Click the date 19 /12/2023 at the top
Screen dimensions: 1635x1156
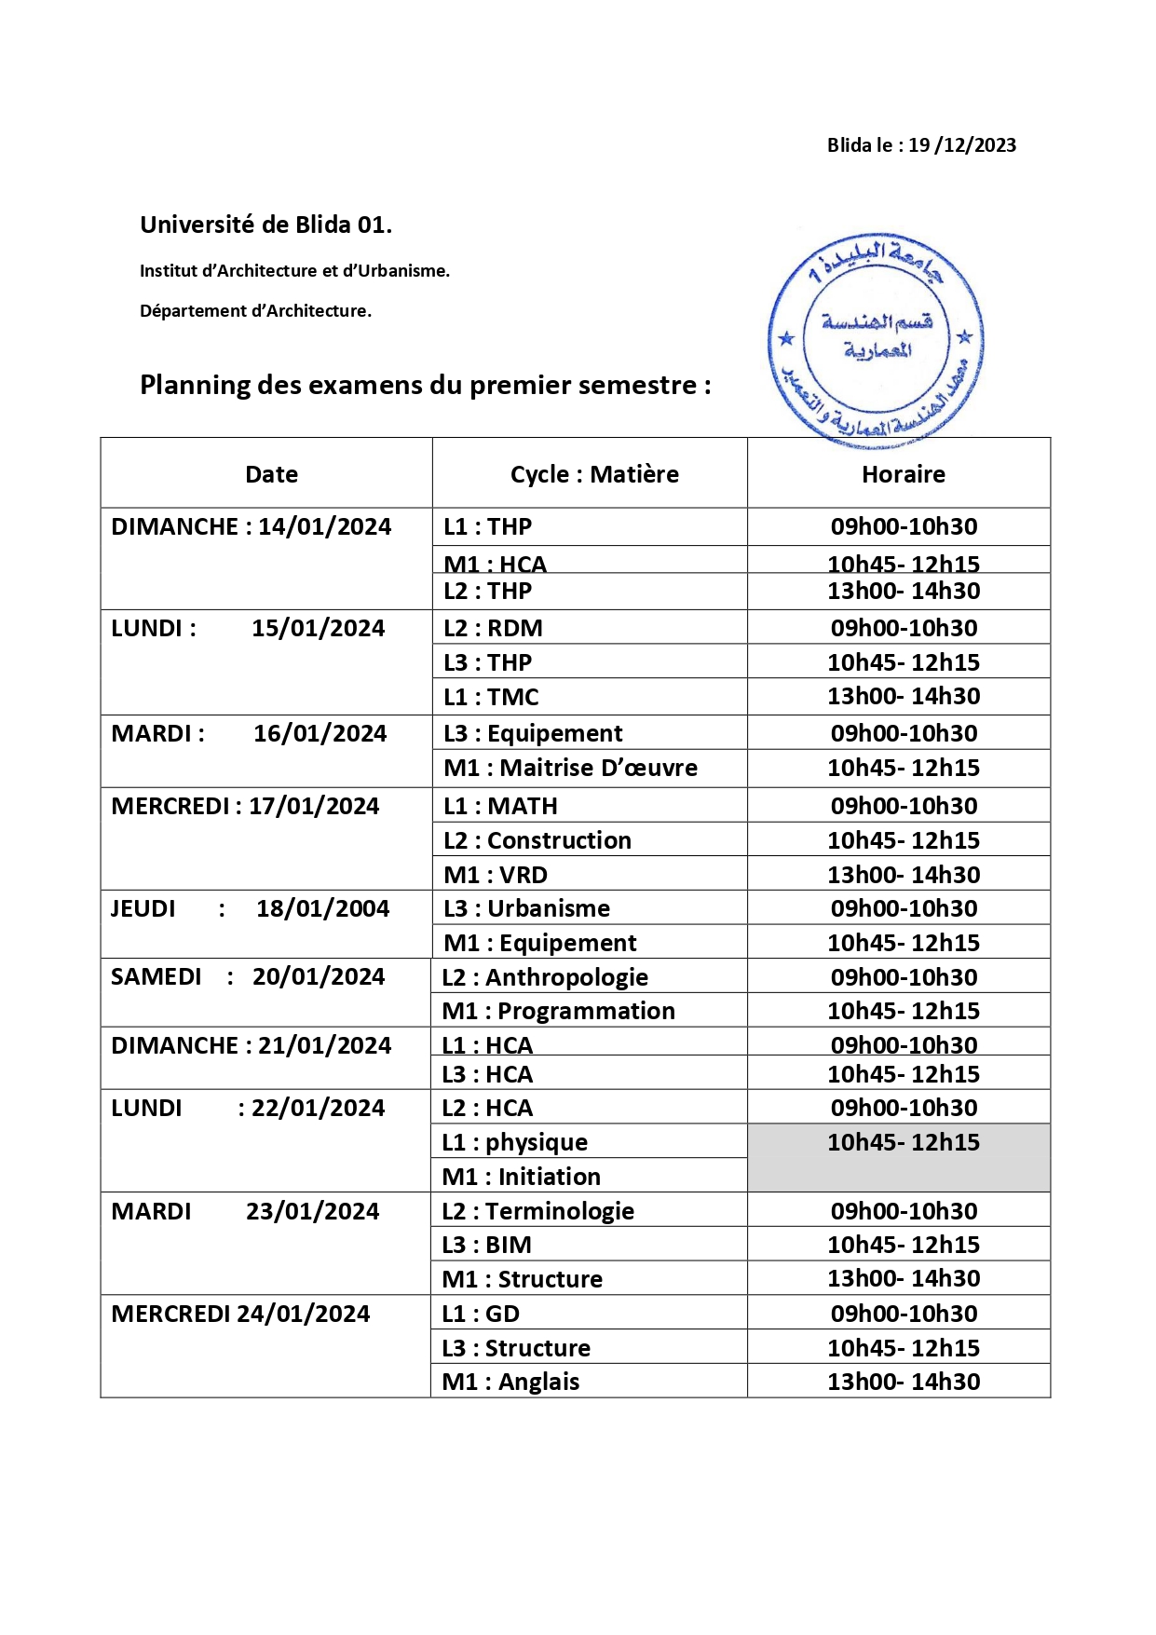click(962, 145)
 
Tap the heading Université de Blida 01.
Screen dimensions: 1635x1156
click(265, 225)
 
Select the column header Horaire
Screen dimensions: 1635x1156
click(903, 474)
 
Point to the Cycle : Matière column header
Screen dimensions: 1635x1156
click(594, 474)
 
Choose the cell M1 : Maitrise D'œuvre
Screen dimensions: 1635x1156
click(570, 768)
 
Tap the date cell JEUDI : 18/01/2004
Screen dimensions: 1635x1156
click(250, 908)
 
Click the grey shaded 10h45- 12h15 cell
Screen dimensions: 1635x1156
click(902, 1156)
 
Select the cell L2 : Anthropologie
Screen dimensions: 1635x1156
click(545, 977)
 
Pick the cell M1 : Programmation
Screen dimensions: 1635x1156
click(558, 1011)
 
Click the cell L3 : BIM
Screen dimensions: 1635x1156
click(486, 1245)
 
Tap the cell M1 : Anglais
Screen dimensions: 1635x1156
click(510, 1382)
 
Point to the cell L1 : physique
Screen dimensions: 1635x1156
click(514, 1142)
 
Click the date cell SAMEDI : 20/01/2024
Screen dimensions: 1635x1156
click(248, 976)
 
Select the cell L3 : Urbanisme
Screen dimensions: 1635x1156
click(526, 908)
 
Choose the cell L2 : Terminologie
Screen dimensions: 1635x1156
click(537, 1211)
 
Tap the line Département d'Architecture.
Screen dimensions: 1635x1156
click(255, 311)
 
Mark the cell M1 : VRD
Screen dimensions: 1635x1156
click(496, 875)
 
